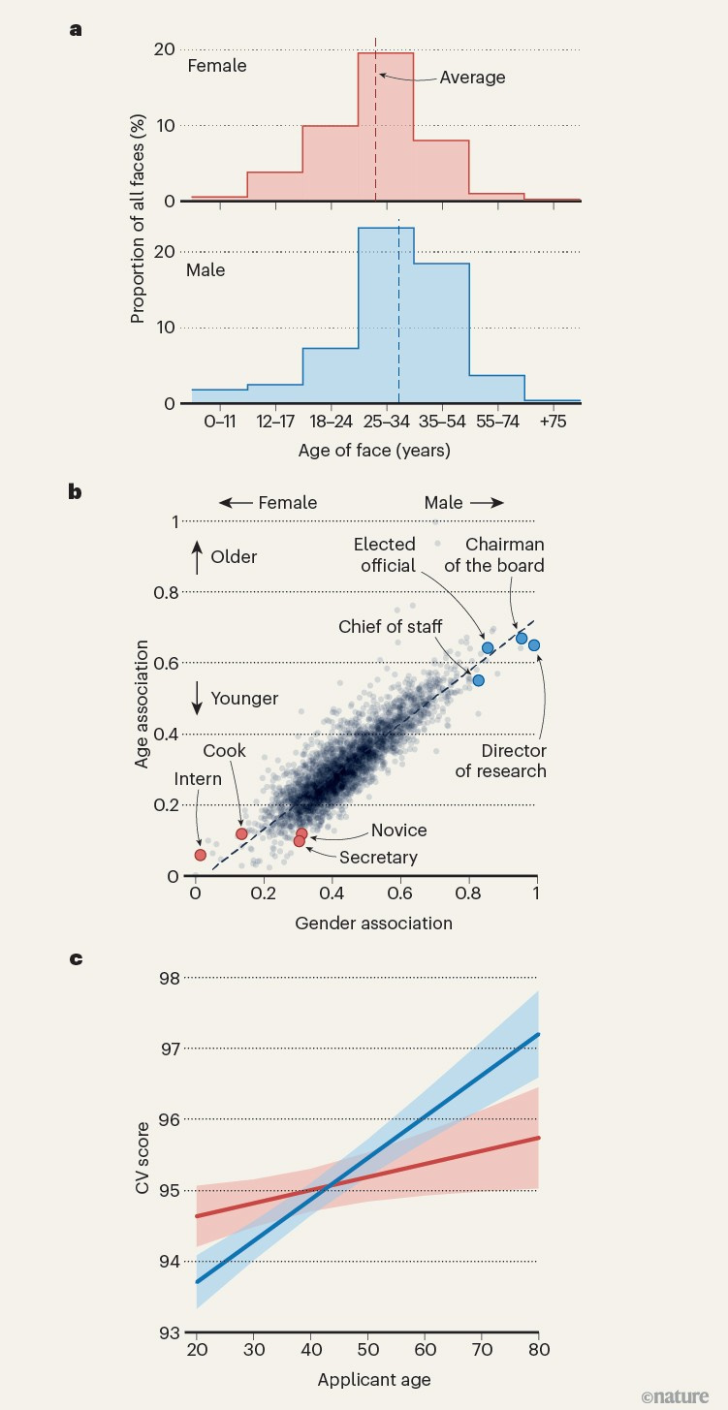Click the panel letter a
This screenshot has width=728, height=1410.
[76, 29]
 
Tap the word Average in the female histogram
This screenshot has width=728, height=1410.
[472, 78]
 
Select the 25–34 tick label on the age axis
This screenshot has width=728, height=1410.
[386, 423]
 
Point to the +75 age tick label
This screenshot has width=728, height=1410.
[553, 423]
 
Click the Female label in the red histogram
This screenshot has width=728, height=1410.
[217, 67]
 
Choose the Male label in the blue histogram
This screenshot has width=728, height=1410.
[206, 270]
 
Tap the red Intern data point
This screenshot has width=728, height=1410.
[201, 855]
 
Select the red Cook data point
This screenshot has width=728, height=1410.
[241, 833]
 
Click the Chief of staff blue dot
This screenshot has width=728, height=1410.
[478, 680]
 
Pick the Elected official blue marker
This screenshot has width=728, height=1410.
[488, 647]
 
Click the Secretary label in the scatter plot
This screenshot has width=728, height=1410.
[378, 857]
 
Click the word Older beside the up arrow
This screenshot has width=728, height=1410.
[234, 558]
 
